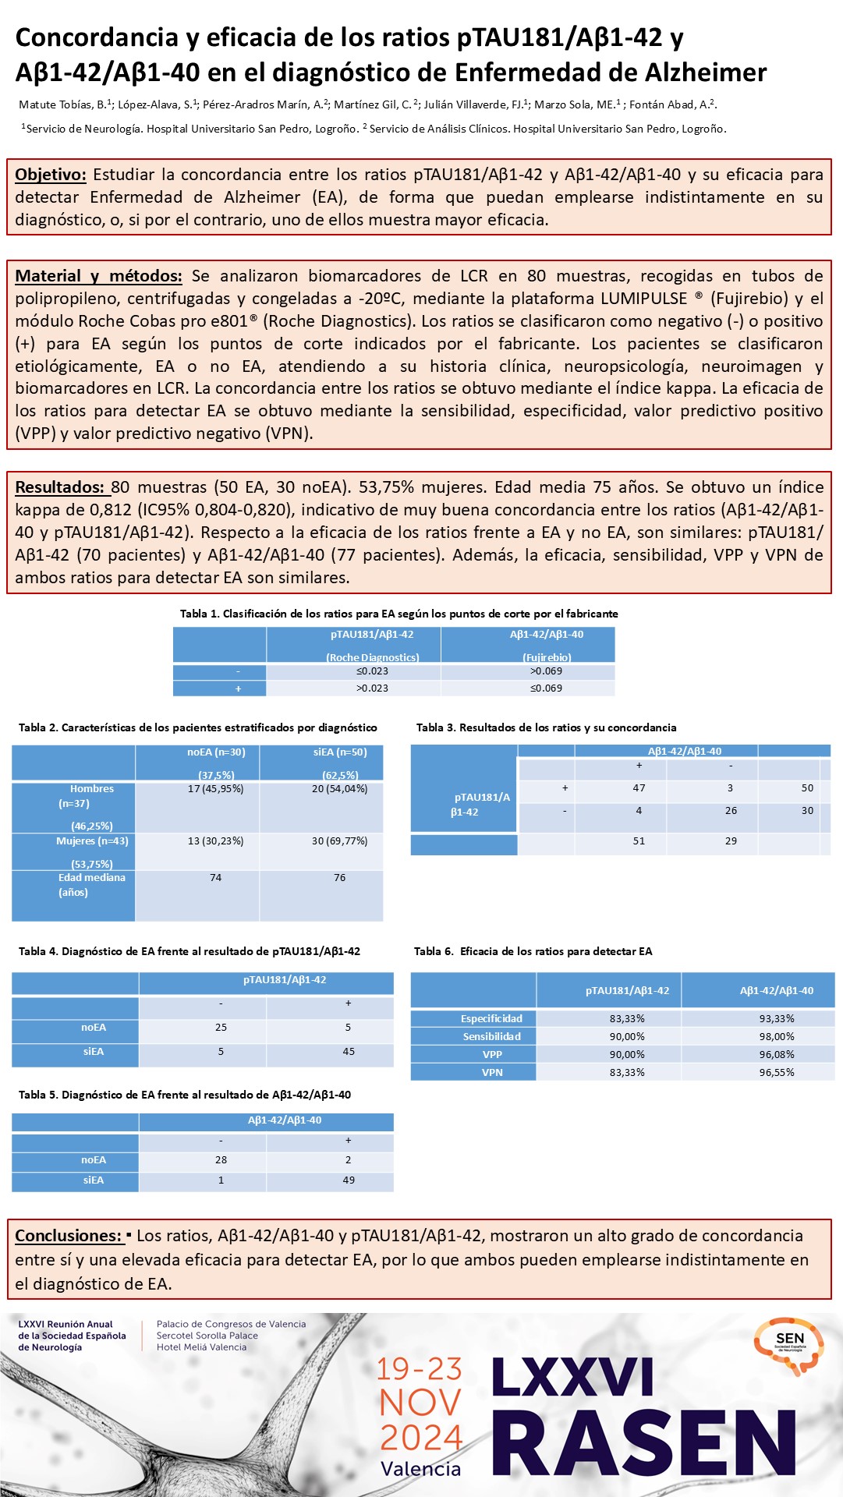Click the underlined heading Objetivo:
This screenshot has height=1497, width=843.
pyautogui.click(x=50, y=175)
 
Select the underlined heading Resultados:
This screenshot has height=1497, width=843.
pyautogui.click(x=59, y=487)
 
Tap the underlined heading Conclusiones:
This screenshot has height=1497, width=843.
pyautogui.click(x=69, y=1236)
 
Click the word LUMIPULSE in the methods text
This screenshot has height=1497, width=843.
pyautogui.click(x=643, y=299)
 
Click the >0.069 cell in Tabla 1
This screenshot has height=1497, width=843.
pyautogui.click(x=546, y=671)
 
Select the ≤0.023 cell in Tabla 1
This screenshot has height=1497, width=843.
pyautogui.click(x=372, y=671)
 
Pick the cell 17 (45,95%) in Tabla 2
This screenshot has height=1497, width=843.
pyautogui.click(x=215, y=789)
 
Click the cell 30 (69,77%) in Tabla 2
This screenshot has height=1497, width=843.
pyautogui.click(x=339, y=841)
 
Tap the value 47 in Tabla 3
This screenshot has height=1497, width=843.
pyautogui.click(x=639, y=788)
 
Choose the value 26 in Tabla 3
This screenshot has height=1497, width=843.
pyautogui.click(x=731, y=811)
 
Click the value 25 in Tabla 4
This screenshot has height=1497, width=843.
pyautogui.click(x=221, y=1028)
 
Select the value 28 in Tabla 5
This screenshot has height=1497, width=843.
pyautogui.click(x=221, y=1160)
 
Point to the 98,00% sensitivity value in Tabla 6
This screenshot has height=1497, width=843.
pyautogui.click(x=776, y=1037)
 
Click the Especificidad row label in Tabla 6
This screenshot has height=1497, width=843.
pyautogui.click(x=491, y=1019)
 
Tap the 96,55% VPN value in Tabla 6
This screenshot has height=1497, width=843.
pyautogui.click(x=776, y=1073)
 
